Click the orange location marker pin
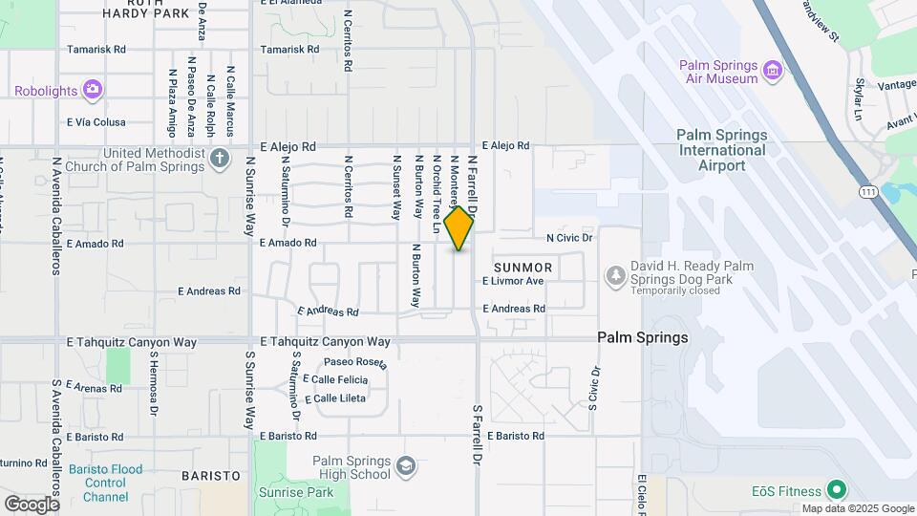[459, 228]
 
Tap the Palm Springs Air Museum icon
[772, 68]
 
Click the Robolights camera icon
[93, 91]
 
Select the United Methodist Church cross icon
[221, 158]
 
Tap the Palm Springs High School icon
[405, 467]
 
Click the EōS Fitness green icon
[837, 490]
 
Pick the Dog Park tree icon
[616, 276]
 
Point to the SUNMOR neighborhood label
[522, 267]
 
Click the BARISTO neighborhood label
[210, 475]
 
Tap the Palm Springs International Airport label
[722, 150]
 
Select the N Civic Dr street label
[569, 237]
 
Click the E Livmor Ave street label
[513, 281]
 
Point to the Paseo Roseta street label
[355, 362]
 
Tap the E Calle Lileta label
[334, 398]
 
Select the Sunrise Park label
[296, 493]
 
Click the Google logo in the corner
[32, 504]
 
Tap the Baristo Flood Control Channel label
[105, 484]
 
